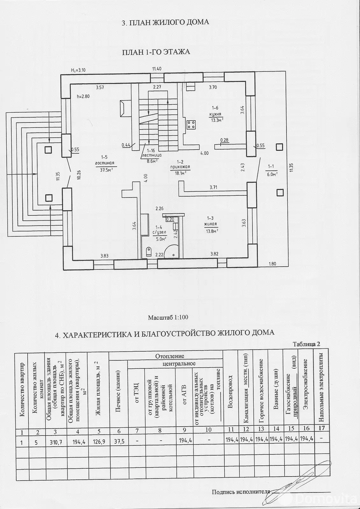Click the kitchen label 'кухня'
point(215,114)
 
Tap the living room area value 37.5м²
point(107,170)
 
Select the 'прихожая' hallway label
point(180,167)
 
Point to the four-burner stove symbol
point(191,124)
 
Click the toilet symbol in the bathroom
point(149,252)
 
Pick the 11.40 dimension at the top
point(157,69)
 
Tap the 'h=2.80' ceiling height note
point(83,96)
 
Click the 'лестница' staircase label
point(151,155)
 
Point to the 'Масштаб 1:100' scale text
point(168,317)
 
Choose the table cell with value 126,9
point(98,442)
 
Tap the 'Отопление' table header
point(170,356)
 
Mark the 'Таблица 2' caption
point(306,344)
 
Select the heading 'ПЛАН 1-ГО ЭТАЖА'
point(156,52)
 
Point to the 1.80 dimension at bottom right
point(272,264)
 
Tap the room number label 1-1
point(271,166)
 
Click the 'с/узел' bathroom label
point(159,232)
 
